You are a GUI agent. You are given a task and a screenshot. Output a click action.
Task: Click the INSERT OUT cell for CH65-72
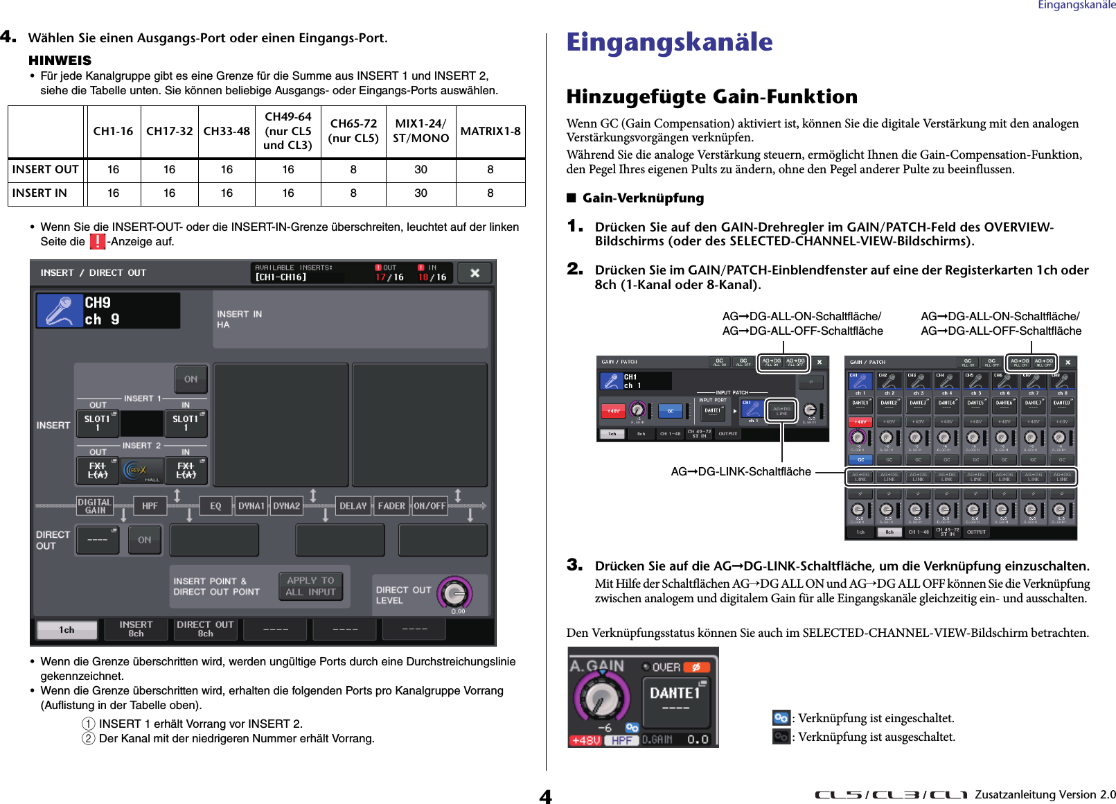coord(353,170)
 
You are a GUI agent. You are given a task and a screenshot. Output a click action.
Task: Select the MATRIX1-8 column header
coord(490,131)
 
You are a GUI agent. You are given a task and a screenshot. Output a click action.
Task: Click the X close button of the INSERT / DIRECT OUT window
coord(475,273)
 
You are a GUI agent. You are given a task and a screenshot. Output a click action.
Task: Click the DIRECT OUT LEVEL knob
coord(455,594)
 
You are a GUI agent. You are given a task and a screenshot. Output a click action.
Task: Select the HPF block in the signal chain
coord(150,506)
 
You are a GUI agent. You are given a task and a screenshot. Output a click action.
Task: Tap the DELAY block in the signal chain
coord(353,506)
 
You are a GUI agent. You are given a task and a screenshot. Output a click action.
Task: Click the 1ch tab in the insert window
coord(67,630)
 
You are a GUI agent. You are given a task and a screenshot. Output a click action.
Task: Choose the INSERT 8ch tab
coord(136,629)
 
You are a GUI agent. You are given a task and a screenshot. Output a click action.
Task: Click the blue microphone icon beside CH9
coord(60,311)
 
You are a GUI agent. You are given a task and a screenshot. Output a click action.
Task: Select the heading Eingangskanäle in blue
coord(669,42)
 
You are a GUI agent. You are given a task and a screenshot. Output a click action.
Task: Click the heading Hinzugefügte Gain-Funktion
coord(711,96)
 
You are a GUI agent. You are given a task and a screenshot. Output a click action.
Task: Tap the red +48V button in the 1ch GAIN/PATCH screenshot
coord(614,411)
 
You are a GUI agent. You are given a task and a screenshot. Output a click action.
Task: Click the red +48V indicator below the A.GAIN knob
coord(585,740)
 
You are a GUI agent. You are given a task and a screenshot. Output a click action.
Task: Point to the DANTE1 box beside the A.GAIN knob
coord(675,697)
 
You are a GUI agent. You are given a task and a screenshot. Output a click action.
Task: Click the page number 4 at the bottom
coord(546,796)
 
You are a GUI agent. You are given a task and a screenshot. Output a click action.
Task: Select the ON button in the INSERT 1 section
coord(191,379)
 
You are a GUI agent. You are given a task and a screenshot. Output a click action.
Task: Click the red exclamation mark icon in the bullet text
coord(98,241)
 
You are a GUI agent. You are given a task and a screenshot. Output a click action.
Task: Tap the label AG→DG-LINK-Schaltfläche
coord(741,472)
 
